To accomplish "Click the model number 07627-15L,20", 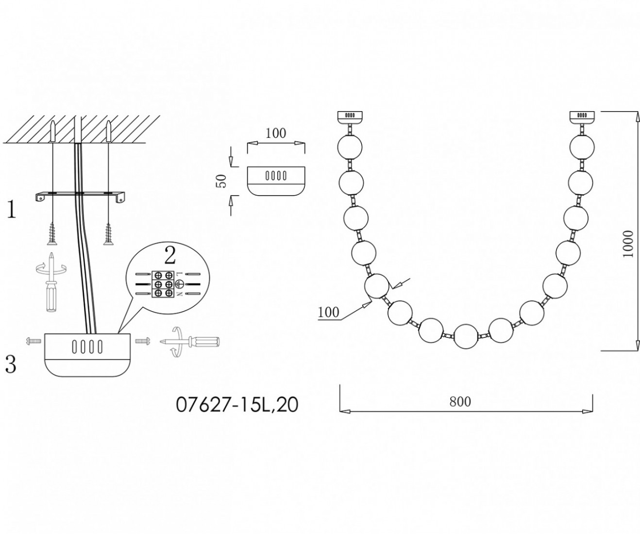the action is (x=237, y=405).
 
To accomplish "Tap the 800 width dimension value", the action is (x=460, y=401).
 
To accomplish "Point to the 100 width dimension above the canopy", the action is (x=275, y=133).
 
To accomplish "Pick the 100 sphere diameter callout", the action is (x=329, y=312).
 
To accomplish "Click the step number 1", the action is (x=11, y=210).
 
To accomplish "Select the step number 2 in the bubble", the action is (x=170, y=257).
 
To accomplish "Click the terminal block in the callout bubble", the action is (x=163, y=284).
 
